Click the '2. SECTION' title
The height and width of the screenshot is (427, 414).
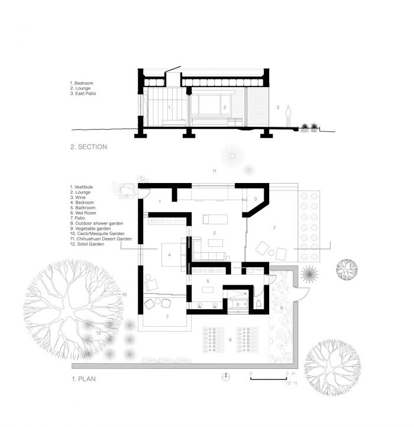(x=89, y=147)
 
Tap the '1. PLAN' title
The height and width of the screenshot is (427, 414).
(x=84, y=379)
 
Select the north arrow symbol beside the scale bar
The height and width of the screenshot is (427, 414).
(x=226, y=377)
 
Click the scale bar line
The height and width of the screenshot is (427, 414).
(x=269, y=378)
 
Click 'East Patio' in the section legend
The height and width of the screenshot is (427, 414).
(x=86, y=94)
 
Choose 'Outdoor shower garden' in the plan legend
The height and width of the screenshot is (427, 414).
(x=99, y=223)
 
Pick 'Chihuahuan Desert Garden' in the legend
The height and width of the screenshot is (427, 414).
(x=104, y=239)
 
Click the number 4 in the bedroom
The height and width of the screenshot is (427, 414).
(x=170, y=255)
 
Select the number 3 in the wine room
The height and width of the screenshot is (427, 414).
(x=255, y=199)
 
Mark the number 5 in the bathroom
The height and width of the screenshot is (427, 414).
(x=208, y=281)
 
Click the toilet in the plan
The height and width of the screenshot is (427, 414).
(x=258, y=304)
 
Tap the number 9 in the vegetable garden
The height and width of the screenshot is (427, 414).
(x=230, y=340)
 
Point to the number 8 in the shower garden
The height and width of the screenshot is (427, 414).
(x=282, y=308)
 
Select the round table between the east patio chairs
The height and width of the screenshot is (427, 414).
(x=271, y=253)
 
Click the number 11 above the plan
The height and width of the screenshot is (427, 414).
(x=214, y=171)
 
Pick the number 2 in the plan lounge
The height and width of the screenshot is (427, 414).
(x=214, y=233)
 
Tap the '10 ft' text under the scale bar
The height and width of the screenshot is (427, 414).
(x=292, y=383)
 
